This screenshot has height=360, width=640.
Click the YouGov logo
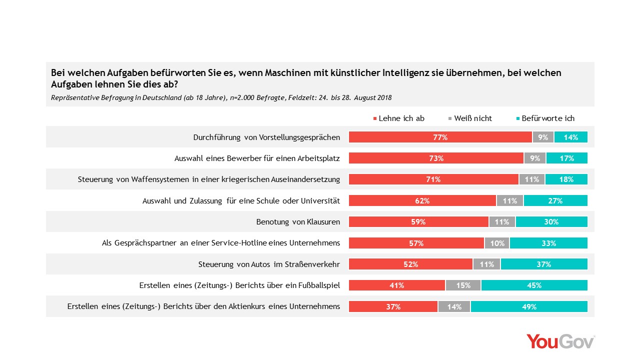pyautogui.click(x=560, y=341)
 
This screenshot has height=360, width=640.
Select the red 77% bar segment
pyautogui.click(x=440, y=137)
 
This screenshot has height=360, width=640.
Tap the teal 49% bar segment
pyautogui.click(x=529, y=307)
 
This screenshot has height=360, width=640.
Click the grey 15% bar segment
pyautogui.click(x=463, y=285)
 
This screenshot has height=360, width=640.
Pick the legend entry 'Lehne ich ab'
pyautogui.click(x=399, y=118)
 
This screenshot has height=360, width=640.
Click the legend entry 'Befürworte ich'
pyautogui.click(x=545, y=118)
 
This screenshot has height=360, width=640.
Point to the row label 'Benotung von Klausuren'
pyautogui.click(x=298, y=221)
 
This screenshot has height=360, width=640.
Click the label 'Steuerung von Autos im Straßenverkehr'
pyautogui.click(x=269, y=264)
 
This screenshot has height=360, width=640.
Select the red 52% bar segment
pyautogui.click(x=410, y=264)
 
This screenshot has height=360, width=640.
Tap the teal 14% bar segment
pyautogui.click(x=570, y=137)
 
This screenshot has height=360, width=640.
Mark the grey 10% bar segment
pyautogui.click(x=497, y=243)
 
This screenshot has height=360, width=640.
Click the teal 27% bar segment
pyautogui.click(x=555, y=200)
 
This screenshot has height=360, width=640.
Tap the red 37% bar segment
pyautogui.click(x=393, y=307)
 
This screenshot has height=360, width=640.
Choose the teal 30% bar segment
pyautogui.click(x=551, y=222)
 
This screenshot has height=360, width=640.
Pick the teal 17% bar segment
pyautogui.click(x=566, y=158)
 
